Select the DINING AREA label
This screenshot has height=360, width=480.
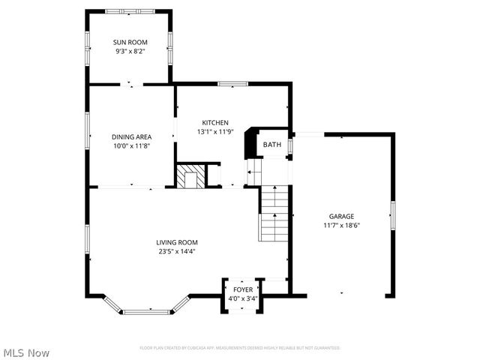131,136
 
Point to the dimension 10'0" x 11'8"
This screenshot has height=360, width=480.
131,145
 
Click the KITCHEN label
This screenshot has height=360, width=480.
215,122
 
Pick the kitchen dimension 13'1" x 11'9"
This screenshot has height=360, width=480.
215,131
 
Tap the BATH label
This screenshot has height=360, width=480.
271,145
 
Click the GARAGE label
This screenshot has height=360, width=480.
341,216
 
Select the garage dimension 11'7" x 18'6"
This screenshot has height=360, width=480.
341,225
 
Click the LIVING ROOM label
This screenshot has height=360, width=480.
176,241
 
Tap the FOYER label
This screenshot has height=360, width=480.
243,289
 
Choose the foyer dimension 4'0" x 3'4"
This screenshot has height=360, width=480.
243,298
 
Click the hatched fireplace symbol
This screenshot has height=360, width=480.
190,176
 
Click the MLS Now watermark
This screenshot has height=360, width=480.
26,352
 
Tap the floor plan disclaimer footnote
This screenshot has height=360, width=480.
240,348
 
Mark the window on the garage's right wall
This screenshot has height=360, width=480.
391,216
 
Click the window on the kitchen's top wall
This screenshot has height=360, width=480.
232,84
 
